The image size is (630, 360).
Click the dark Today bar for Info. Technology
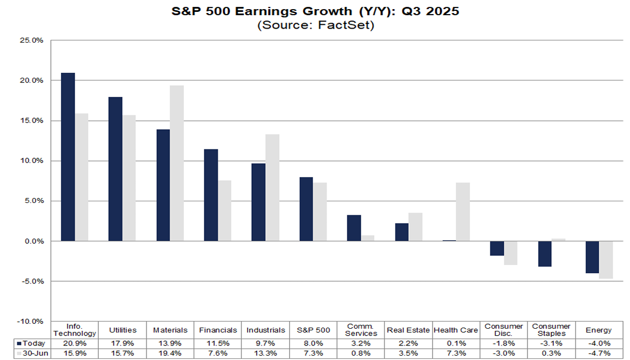[x=68, y=157]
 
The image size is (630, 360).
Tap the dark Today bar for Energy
[x=592, y=257]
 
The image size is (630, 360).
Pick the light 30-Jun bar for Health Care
[x=462, y=212]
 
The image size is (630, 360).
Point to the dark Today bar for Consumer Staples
[x=544, y=254]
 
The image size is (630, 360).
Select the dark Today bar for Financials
[x=211, y=195]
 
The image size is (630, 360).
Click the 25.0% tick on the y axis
[x=31, y=40]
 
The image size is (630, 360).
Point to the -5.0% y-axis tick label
[x=31, y=281]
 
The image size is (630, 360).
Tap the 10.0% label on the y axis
[x=31, y=161]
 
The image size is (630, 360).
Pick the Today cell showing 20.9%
[x=75, y=343]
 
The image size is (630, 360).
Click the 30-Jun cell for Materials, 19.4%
[x=170, y=354]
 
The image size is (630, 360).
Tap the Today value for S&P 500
[x=313, y=343]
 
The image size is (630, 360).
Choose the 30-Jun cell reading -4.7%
[x=600, y=354]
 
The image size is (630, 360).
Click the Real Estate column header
[x=408, y=330]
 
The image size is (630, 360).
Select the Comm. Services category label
[x=361, y=330]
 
